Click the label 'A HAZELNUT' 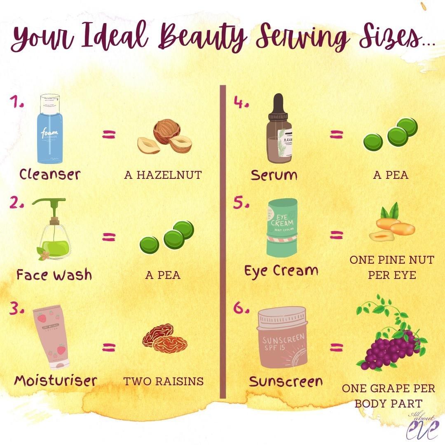pyautogui.click(x=163, y=175)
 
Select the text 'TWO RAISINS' pyautogui.click(x=164, y=381)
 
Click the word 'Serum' pyautogui.click(x=274, y=175)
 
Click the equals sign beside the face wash pyautogui.click(x=109, y=237)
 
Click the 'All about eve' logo pyautogui.click(x=420, y=426)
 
